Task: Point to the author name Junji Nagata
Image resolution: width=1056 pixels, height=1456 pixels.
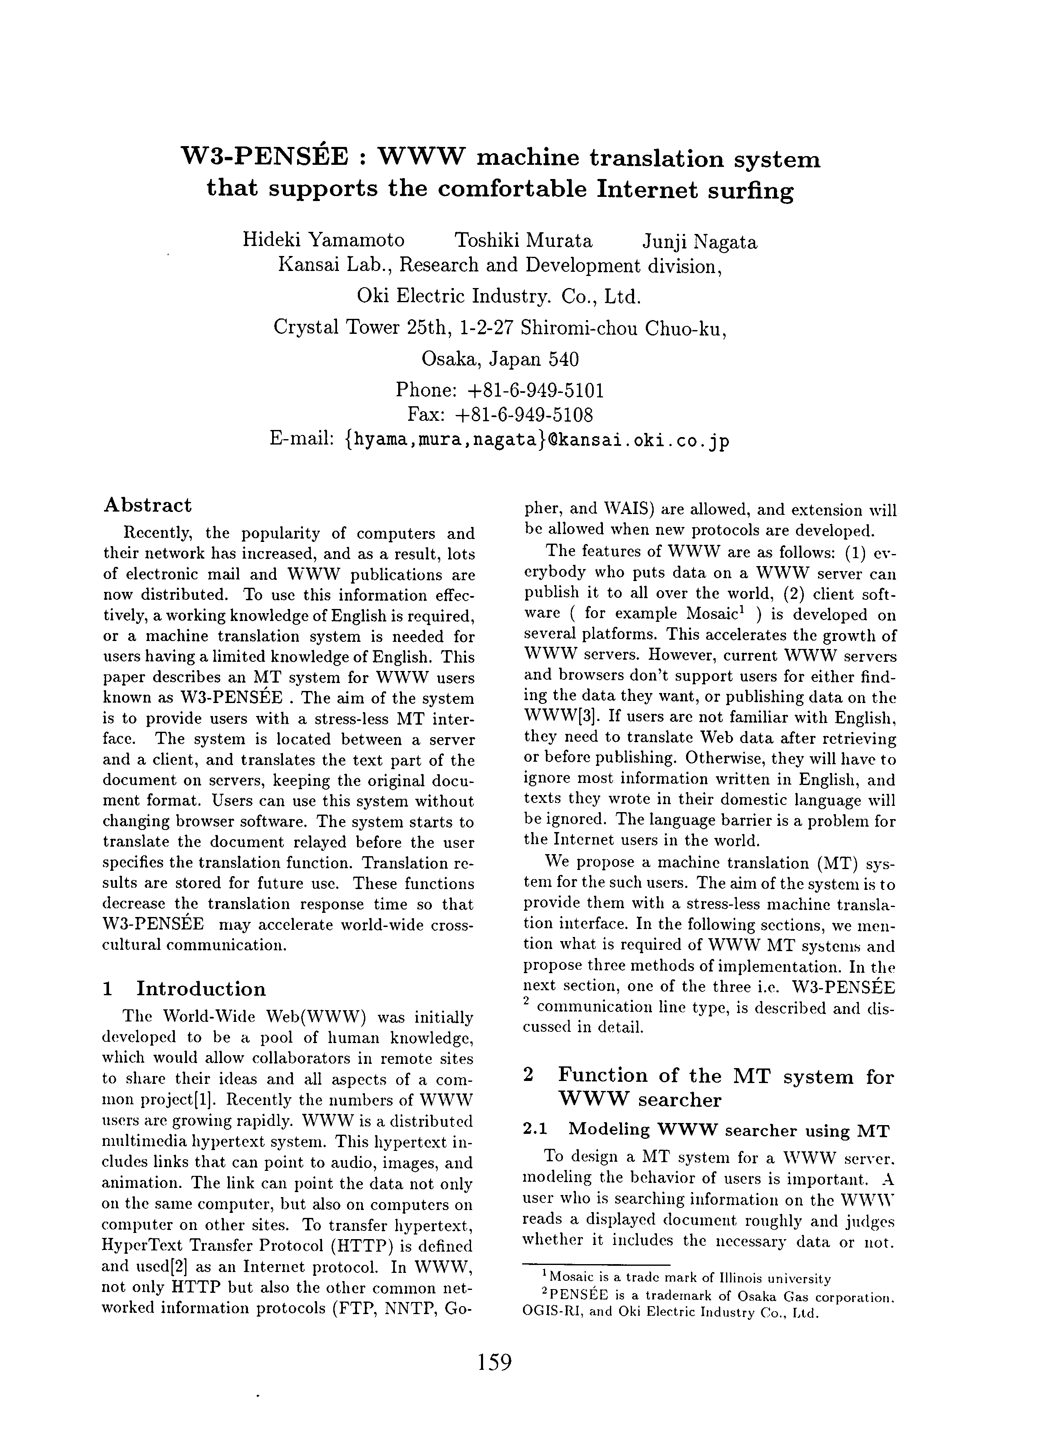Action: [699, 242]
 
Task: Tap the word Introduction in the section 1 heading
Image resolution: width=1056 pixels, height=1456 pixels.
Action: [201, 988]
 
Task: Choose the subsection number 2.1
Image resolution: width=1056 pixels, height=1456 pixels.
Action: [535, 1129]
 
